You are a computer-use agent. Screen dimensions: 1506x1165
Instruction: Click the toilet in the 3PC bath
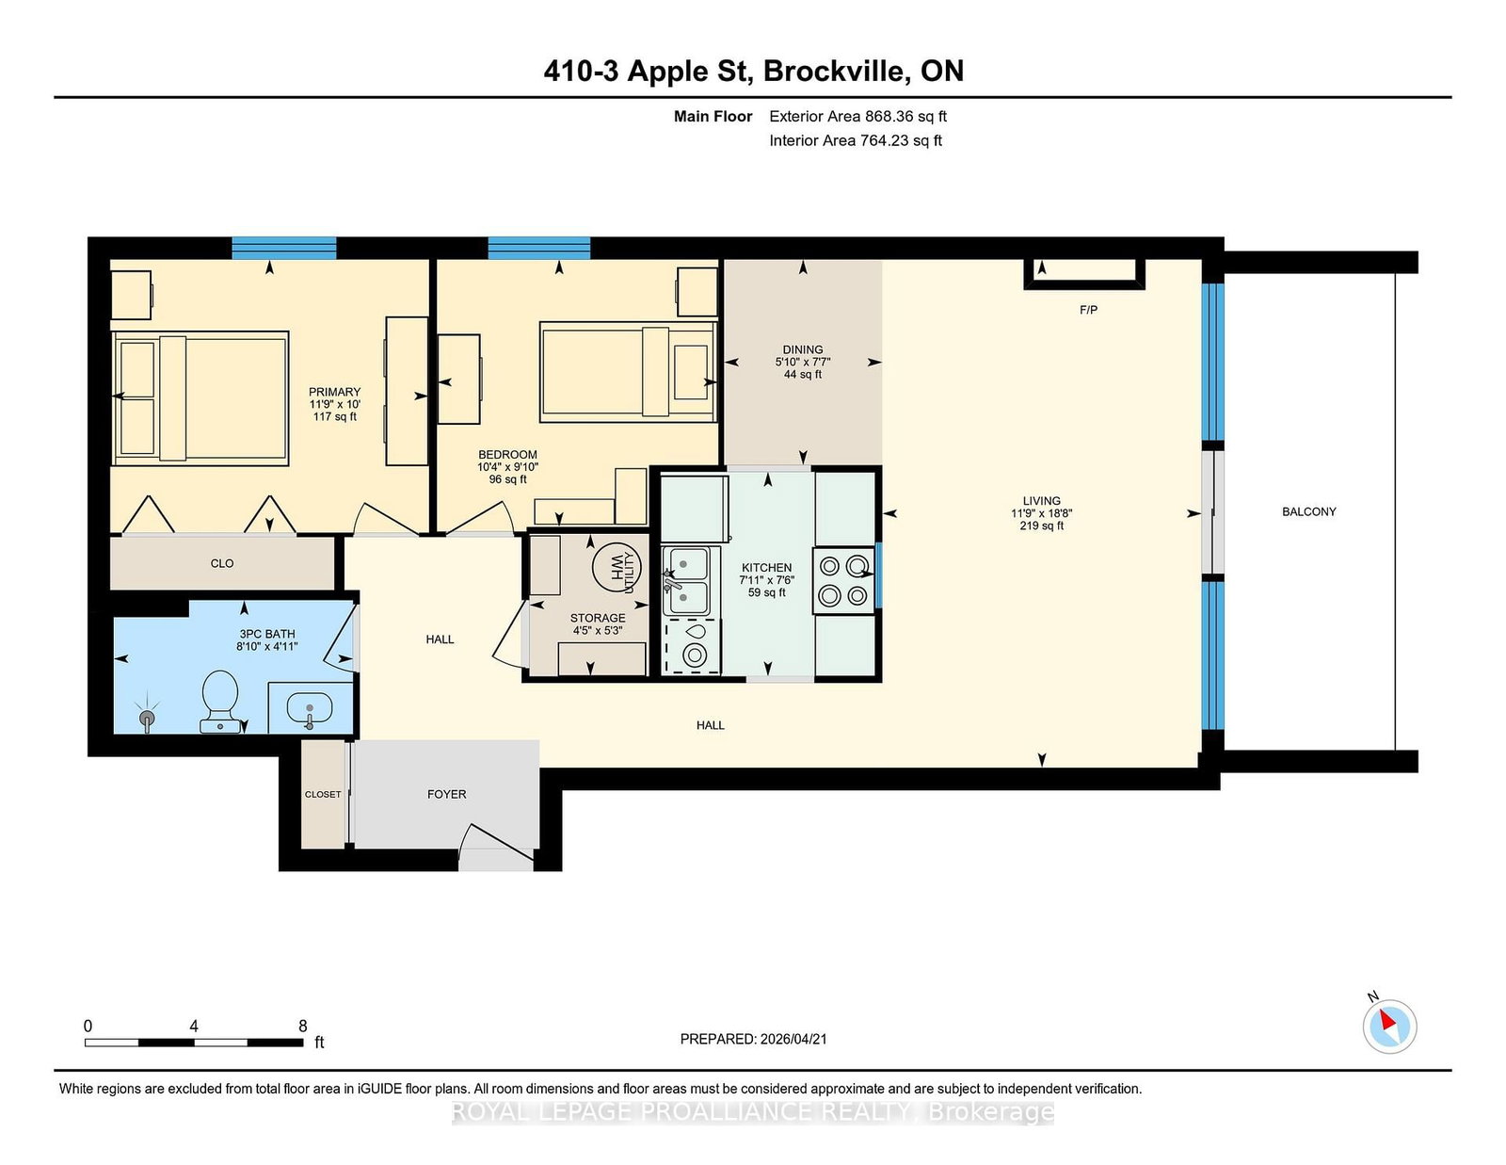pos(219,701)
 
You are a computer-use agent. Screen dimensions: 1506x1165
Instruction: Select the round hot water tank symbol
pos(617,567)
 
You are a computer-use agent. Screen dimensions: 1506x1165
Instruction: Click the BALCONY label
pos(1308,511)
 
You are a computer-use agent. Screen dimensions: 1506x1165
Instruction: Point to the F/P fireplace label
pos(1088,310)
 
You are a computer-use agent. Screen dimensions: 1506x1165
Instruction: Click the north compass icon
pos(1389,1027)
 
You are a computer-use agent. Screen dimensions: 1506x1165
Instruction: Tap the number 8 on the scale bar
pos(303,1026)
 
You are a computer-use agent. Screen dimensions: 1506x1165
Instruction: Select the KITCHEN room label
pos(766,567)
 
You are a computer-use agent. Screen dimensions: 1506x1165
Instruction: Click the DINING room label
pos(803,349)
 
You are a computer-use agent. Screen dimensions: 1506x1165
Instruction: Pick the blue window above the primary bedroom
pos(283,249)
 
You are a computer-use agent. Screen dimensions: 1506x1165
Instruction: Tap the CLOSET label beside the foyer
pos(323,794)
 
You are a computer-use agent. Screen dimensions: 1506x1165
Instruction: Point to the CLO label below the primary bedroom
pos(222,563)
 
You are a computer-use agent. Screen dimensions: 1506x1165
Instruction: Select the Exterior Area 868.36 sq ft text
pos(858,117)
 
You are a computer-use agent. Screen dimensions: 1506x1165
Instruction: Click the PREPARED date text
pos(753,1039)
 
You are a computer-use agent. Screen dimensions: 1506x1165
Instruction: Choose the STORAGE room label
pos(598,618)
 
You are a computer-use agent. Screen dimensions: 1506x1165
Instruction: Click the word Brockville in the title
pos(837,71)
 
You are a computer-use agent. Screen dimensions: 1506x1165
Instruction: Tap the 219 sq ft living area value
pos(1041,526)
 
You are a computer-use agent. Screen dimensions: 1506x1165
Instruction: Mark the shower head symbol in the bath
pos(147,718)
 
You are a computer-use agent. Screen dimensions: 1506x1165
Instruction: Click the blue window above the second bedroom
pos(539,249)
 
